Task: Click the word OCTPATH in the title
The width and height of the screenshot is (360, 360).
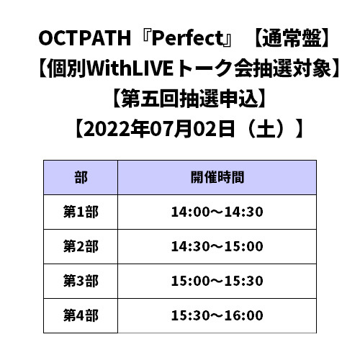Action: [84, 38]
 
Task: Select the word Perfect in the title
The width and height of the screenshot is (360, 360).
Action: [187, 38]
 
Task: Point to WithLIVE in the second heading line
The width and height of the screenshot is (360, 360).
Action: [130, 68]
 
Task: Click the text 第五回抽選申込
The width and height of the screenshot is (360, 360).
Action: [189, 99]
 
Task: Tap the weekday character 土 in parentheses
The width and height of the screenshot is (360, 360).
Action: [266, 129]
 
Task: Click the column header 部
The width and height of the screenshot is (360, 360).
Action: [81, 177]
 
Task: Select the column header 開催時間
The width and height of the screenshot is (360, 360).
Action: [217, 177]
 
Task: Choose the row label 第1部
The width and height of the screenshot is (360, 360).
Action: [81, 212]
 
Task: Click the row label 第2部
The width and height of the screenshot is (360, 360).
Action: [81, 246]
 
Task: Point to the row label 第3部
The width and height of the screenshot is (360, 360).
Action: [81, 281]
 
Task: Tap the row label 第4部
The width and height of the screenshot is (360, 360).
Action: [81, 315]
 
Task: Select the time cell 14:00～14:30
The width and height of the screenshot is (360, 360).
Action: [217, 212]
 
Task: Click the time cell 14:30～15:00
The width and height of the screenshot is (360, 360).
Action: [217, 246]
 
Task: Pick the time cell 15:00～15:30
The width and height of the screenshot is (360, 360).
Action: [217, 281]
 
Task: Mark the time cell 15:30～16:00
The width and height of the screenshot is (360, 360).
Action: [217, 315]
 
